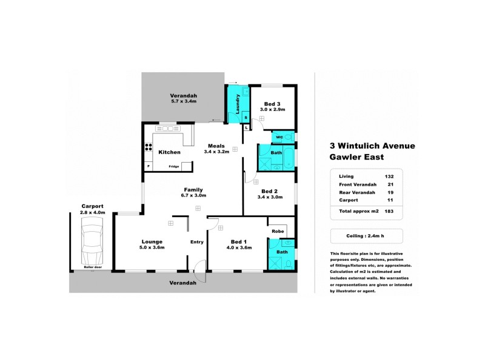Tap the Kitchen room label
click(x=170, y=152)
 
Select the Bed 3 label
click(x=272, y=104)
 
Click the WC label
click(x=279, y=137)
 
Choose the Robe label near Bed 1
click(x=278, y=231)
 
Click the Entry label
click(x=197, y=242)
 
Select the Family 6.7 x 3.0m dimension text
click(x=194, y=195)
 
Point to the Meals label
click(x=216, y=146)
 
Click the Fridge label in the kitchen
click(x=173, y=166)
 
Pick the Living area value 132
click(x=389, y=177)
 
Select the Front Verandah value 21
click(x=389, y=184)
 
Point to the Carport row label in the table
click(x=348, y=200)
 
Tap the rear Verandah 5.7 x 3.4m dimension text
click(x=183, y=102)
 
